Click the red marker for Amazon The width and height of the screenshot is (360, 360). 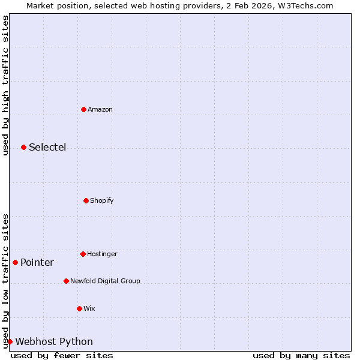83,109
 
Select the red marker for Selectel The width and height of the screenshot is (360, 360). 23,147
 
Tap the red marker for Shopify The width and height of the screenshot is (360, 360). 86,200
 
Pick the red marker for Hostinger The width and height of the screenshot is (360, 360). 83,254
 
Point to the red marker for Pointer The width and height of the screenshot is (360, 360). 15,262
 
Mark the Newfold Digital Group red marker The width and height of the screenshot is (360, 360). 66,281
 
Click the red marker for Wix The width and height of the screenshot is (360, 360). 79,308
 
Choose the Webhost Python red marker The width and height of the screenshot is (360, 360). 10,341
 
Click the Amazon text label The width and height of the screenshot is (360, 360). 100,109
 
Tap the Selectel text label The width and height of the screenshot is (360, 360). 47,147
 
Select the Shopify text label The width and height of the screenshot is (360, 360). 102,200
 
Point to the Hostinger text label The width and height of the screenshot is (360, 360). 102,254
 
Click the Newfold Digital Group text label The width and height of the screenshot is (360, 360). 105,281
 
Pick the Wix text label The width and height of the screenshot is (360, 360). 89,308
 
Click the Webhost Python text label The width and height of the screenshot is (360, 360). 54,341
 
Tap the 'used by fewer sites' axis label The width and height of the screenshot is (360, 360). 62,355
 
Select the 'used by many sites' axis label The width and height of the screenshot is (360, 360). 301,355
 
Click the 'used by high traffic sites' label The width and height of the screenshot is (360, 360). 5,85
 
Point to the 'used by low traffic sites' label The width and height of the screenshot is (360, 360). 5,280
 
